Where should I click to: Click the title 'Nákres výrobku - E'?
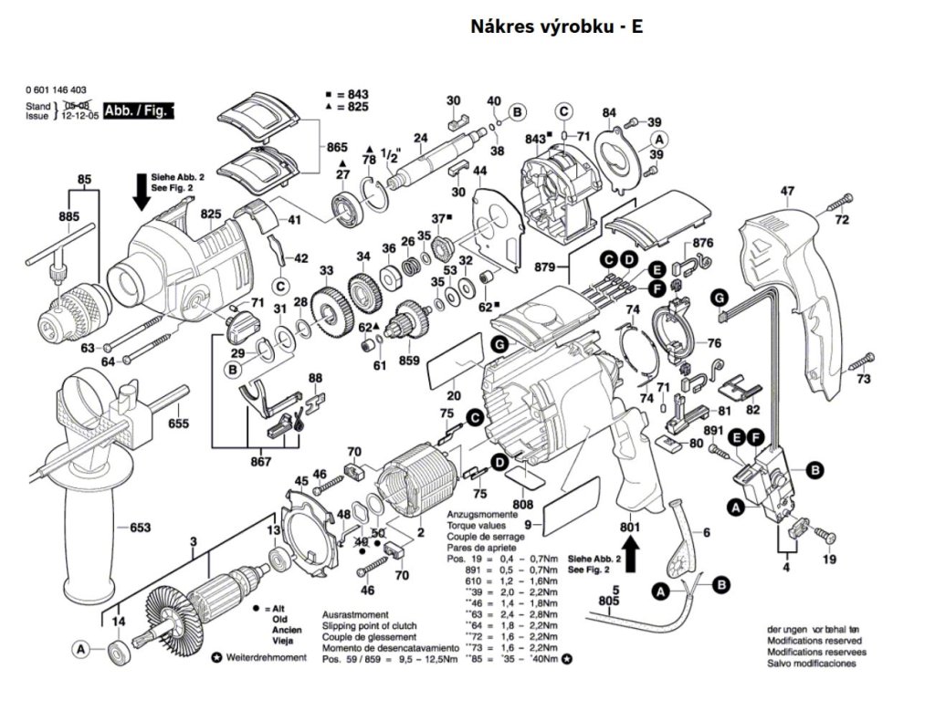pos(556,26)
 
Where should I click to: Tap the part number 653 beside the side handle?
pos(139,527)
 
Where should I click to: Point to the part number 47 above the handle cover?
pos(787,191)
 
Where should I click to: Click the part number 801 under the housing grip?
pos(629,527)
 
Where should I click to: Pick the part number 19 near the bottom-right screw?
pos(828,560)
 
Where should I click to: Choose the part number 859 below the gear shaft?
pos(409,361)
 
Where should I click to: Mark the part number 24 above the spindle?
pos(420,139)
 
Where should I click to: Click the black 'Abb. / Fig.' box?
pos(139,110)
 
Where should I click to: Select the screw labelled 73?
pos(861,365)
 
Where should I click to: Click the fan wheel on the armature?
pos(173,612)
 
